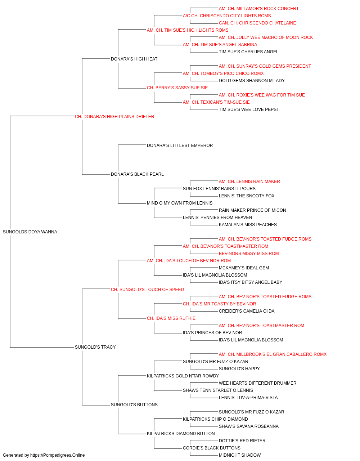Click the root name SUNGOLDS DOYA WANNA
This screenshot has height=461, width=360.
pyautogui.click(x=30, y=232)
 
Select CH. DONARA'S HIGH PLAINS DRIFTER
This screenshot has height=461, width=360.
pyautogui.click(x=114, y=117)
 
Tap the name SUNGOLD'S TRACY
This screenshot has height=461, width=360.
pyautogui.click(x=95, y=347)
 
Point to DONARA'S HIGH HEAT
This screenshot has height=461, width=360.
pyautogui.click(x=134, y=59)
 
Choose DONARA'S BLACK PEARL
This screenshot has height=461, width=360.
pyautogui.click(x=137, y=174)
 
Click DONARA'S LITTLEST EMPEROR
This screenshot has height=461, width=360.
pyautogui.click(x=180, y=146)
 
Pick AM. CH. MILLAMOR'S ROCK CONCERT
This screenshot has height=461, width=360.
pyautogui.click(x=258, y=9)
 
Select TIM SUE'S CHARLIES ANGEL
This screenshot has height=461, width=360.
pyautogui.click(x=248, y=52)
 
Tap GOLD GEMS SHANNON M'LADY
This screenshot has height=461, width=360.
pyautogui.click(x=252, y=81)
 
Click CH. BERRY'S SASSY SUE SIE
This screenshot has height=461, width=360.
pyautogui.click(x=177, y=88)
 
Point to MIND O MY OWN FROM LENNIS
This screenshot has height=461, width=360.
pyautogui.click(x=180, y=203)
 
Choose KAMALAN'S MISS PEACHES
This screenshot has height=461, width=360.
pyautogui.click(x=248, y=225)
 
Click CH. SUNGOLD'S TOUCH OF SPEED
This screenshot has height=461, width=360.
pyautogui.click(x=147, y=290)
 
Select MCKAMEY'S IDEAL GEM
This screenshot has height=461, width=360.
pyautogui.click(x=244, y=268)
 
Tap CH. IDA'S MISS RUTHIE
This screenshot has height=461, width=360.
pyautogui.click(x=171, y=318)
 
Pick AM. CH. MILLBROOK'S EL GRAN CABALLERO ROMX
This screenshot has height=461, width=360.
pyautogui.click(x=273, y=354)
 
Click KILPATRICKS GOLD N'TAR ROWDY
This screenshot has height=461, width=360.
pyautogui.click(x=183, y=376)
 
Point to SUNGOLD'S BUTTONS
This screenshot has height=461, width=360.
pyautogui.click(x=134, y=405)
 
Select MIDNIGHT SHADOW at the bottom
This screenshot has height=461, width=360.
pyautogui.click(x=240, y=455)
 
